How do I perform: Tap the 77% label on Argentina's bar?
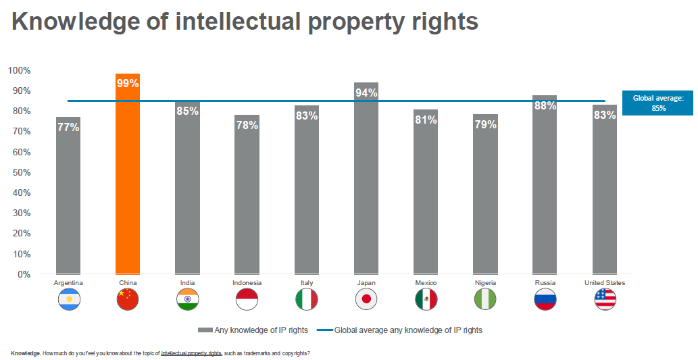pos(68,126)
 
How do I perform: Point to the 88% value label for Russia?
pos(545,105)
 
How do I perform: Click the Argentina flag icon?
pos(69,299)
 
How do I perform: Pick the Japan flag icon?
pos(366,299)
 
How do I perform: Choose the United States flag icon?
pos(605,299)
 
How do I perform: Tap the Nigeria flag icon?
pos(485,299)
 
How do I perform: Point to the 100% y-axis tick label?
pos(19,70)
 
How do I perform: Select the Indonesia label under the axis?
pos(247,282)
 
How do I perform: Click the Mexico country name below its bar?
pos(426,282)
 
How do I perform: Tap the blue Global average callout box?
pos(657,103)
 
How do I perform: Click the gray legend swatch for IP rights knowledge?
pos(205,330)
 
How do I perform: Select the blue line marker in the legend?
pos(324,330)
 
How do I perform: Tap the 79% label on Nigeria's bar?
pos(485,124)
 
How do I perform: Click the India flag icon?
pos(187,299)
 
